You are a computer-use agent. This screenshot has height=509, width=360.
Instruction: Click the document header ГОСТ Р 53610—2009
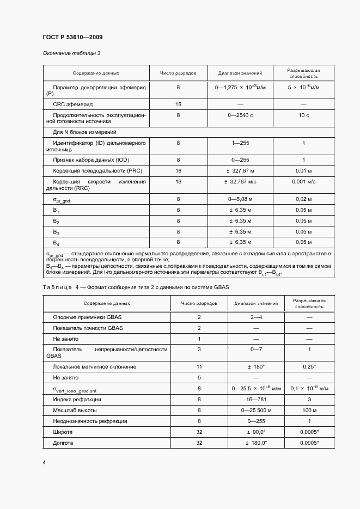tap(72, 37)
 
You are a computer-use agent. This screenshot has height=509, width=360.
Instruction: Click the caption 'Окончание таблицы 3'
tap(71, 53)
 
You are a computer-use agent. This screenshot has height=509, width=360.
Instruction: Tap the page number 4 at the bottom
tap(44, 462)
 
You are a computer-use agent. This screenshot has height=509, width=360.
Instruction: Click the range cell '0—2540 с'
tap(240, 116)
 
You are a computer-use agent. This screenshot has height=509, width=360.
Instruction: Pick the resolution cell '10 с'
tap(303, 116)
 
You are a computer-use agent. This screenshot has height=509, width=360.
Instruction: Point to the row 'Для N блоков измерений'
tap(84, 132)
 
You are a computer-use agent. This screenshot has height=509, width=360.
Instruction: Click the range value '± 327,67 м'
tap(240, 170)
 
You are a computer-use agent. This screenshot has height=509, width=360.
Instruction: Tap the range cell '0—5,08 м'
tap(240, 200)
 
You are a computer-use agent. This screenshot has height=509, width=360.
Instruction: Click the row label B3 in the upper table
tap(56, 231)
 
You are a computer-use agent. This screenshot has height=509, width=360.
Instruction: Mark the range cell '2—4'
tap(256, 316)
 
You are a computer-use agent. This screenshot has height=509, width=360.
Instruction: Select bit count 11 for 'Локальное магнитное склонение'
tap(199, 367)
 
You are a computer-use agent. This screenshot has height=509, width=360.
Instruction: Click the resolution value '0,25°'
tap(309, 367)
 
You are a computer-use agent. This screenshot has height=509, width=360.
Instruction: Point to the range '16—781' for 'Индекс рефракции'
tap(256, 399)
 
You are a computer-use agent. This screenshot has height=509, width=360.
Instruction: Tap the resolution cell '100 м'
tap(309, 410)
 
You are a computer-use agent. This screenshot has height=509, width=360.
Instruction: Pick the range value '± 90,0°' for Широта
tap(256, 432)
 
